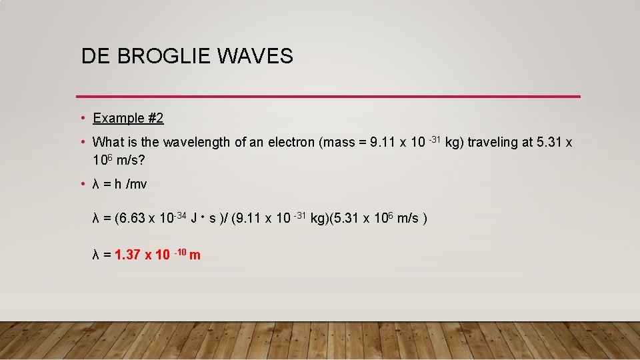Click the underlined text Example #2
128,118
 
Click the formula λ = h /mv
119,184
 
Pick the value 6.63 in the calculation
131,218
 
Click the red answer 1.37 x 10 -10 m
157,254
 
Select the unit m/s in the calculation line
408,218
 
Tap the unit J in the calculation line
193,218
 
